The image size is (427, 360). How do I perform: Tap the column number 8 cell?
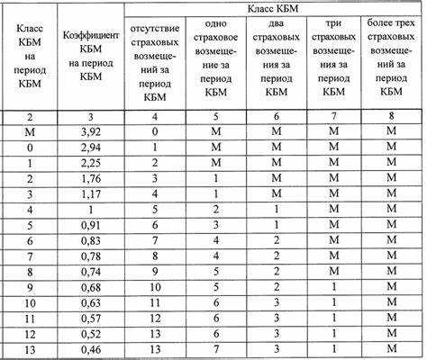pos(393,116)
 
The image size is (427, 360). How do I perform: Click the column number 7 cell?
pos(334,116)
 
